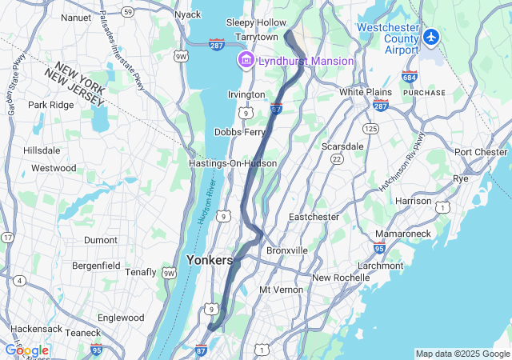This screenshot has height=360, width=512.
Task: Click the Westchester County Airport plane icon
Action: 433,37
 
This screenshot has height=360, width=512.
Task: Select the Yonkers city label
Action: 210,260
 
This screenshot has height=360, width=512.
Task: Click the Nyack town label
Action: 187,14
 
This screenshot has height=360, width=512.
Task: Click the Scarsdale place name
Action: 342,146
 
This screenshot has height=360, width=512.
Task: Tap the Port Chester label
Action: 481,152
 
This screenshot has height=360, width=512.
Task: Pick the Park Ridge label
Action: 50,105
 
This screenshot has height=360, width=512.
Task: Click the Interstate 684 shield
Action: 409,77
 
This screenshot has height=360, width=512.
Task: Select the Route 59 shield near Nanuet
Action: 129,11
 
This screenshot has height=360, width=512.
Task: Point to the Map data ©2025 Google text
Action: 462,354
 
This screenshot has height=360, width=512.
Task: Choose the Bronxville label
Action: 287,250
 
